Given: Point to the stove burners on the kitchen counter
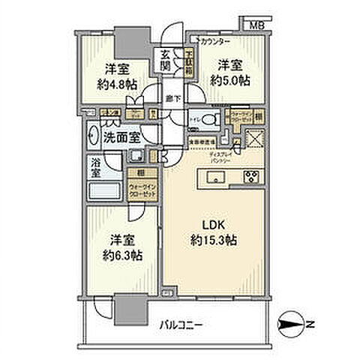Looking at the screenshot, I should tap(250, 178).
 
